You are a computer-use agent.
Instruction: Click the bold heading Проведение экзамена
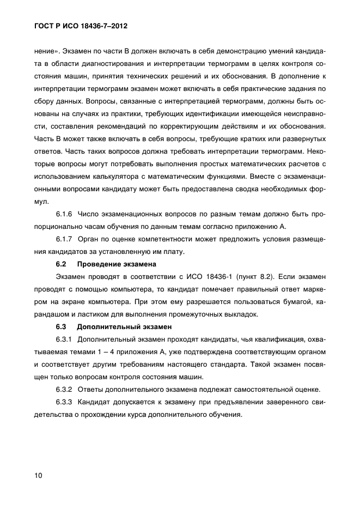point(117,264)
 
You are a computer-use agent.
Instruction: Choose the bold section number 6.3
point(61,327)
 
